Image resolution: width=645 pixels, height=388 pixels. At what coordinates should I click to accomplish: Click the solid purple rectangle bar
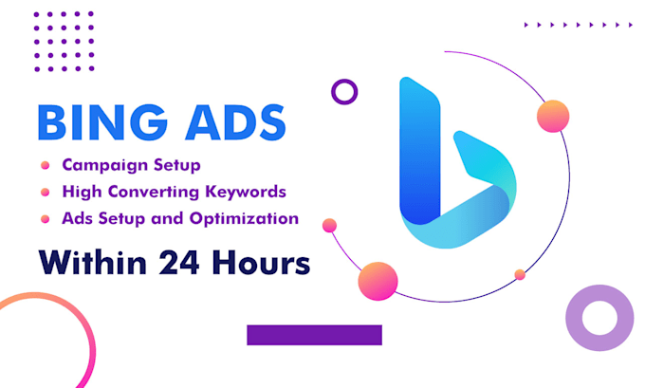point(314,335)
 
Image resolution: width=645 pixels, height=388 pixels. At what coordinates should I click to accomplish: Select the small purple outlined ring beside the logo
point(344,92)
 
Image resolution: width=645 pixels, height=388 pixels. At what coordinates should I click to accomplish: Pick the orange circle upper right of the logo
point(552,117)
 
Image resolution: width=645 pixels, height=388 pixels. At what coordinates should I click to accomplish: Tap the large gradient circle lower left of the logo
point(377,280)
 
